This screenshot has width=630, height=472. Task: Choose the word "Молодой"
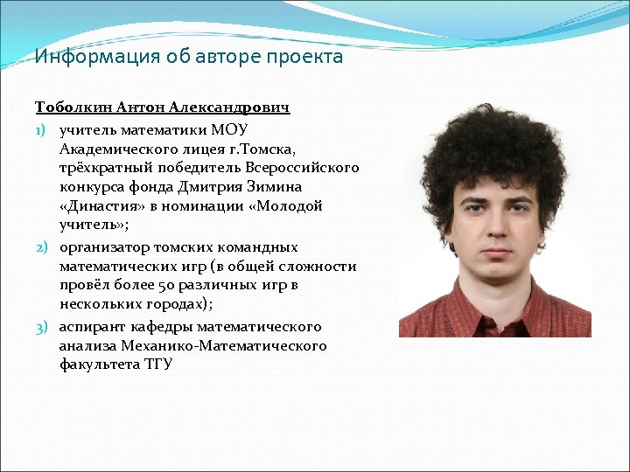(292, 207)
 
